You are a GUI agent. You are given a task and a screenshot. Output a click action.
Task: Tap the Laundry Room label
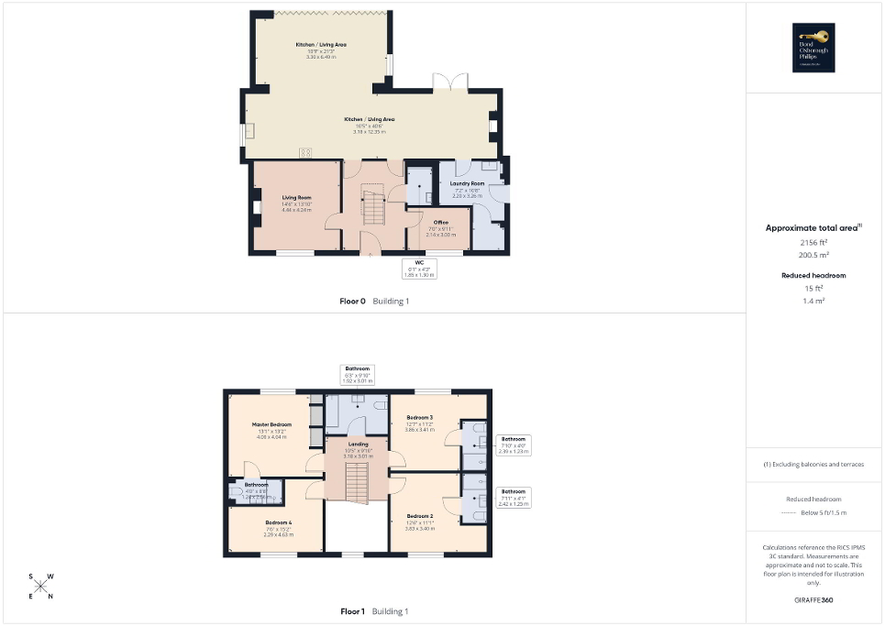[x=467, y=187]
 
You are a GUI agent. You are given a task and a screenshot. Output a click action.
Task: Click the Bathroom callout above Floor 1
[x=358, y=373]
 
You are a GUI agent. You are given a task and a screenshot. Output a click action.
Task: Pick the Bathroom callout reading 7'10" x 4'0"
[x=514, y=444]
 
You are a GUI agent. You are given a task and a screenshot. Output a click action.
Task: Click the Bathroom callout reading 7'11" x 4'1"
[x=514, y=497]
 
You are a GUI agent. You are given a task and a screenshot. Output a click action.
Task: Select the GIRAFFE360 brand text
[x=814, y=600]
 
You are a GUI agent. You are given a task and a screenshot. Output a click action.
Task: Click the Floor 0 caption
[x=349, y=301]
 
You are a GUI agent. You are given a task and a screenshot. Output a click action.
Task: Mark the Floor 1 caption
[x=352, y=611]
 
